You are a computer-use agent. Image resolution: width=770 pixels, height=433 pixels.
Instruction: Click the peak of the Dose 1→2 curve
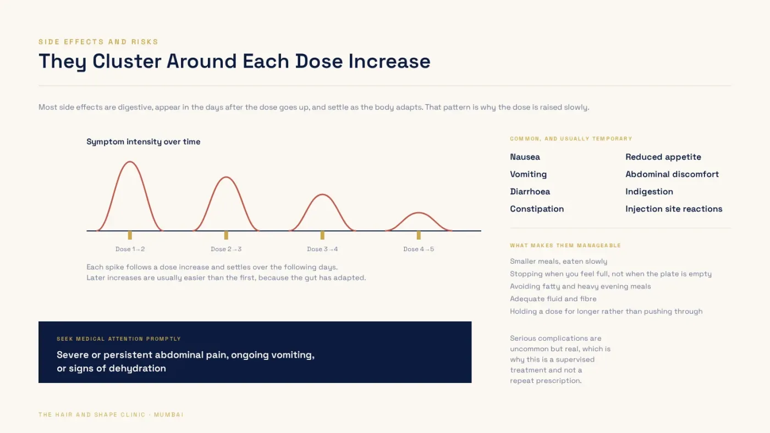pyautogui.click(x=130, y=162)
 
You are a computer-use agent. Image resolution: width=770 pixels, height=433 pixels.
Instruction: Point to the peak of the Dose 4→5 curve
pyautogui.click(x=419, y=213)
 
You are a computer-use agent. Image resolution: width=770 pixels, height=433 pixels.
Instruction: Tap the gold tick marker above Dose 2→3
pyautogui.click(x=226, y=235)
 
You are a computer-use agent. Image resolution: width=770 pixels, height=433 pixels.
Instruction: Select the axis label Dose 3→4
pyautogui.click(x=322, y=249)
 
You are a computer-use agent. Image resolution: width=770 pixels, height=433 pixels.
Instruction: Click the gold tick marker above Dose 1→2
pyautogui.click(x=130, y=235)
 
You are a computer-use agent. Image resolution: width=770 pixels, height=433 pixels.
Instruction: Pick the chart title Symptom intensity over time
pyautogui.click(x=144, y=142)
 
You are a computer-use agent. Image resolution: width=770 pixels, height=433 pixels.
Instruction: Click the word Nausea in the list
pyautogui.click(x=525, y=157)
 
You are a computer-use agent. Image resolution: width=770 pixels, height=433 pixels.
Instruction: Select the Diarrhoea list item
pyautogui.click(x=530, y=192)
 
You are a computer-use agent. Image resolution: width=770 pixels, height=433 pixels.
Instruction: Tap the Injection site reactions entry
pyautogui.click(x=674, y=209)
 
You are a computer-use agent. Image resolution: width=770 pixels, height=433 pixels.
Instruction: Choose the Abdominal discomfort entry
pyautogui.click(x=672, y=174)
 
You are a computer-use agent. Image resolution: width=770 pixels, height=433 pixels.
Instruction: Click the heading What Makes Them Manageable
pyautogui.click(x=565, y=246)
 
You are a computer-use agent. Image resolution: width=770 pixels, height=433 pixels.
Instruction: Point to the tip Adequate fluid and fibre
pyautogui.click(x=553, y=299)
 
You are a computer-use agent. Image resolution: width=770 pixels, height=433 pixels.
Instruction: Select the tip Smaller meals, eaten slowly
pyautogui.click(x=559, y=262)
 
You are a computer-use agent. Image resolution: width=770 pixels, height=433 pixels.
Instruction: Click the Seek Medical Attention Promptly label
pyautogui.click(x=119, y=339)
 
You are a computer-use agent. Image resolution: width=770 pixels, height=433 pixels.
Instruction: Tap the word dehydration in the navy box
pyautogui.click(x=137, y=369)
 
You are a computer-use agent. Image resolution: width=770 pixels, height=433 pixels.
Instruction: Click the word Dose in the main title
pyautogui.click(x=319, y=61)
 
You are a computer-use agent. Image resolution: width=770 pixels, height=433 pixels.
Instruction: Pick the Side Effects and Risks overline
pyautogui.click(x=98, y=42)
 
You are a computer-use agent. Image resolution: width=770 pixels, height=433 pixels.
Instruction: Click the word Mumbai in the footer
pyautogui.click(x=169, y=415)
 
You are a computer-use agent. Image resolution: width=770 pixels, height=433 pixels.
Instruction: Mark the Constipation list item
pyautogui.click(x=537, y=209)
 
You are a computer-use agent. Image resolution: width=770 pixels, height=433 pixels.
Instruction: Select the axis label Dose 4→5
pyautogui.click(x=419, y=249)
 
